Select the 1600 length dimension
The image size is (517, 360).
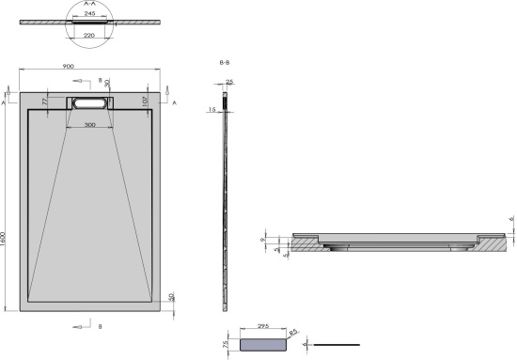pyautogui.click(x=6, y=240)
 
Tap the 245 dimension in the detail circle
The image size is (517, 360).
pyautogui.click(x=90, y=14)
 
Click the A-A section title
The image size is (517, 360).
pyautogui.click(x=90, y=4)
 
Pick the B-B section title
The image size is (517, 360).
pyautogui.click(x=225, y=62)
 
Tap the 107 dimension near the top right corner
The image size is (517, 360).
pyautogui.click(x=147, y=101)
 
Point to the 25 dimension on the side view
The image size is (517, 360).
pyautogui.click(x=230, y=82)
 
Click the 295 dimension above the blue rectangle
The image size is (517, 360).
pyautogui.click(x=262, y=330)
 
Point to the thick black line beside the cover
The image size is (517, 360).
pyautogui.click(x=337, y=345)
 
